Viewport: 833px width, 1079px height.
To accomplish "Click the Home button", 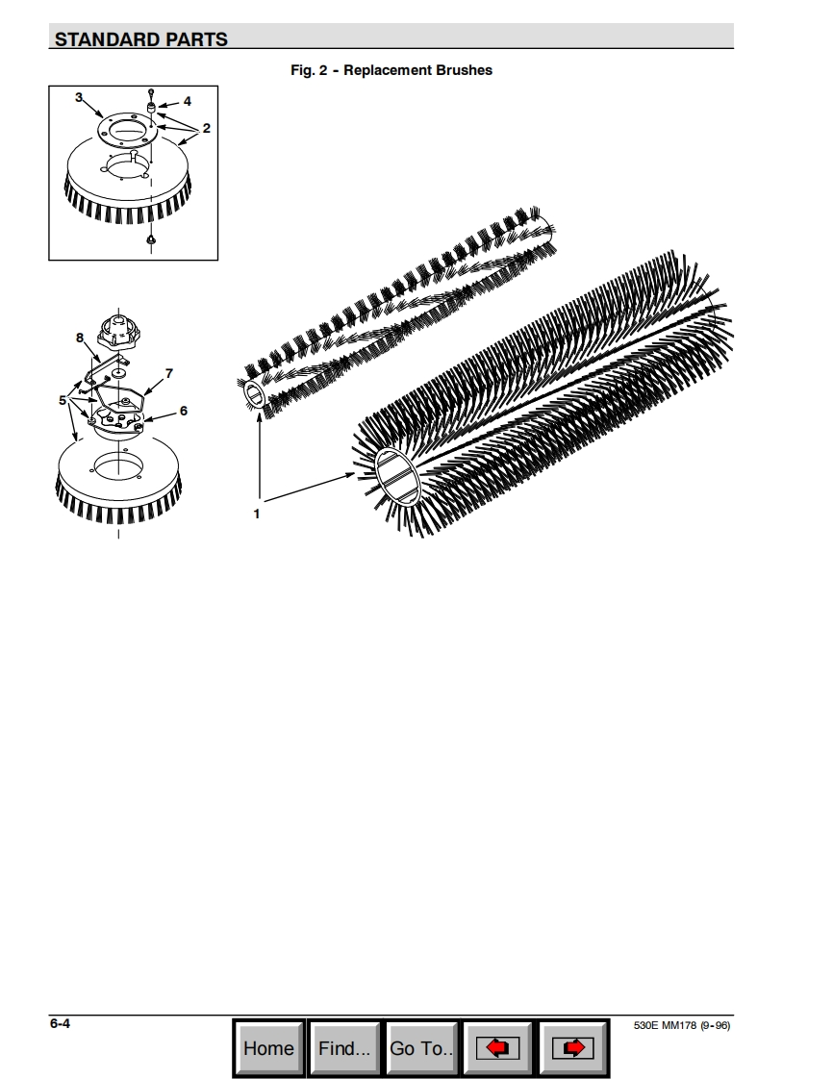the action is pos(268,1047).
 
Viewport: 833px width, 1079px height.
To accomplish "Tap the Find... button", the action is pos(344,1047).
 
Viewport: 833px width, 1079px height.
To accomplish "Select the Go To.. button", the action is pos(420,1047).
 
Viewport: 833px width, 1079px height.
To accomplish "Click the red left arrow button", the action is pos(497,1047).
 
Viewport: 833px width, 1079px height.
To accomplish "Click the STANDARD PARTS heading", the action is pos(141,39).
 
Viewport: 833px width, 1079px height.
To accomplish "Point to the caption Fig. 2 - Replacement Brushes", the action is pos(391,70).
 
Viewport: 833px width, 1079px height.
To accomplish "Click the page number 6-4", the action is pos(60,1023).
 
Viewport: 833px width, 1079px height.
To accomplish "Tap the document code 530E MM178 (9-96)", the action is pos(682,1025).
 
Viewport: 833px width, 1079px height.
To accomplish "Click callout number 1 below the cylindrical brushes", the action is pos(257,514).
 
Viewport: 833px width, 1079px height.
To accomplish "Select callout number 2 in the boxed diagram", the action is pos(206,128).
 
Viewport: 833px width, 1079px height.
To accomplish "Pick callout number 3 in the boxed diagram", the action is pos(79,98).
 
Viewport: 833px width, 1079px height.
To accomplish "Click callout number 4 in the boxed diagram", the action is pos(188,101).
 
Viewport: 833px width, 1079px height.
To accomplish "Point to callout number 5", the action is pos(63,400).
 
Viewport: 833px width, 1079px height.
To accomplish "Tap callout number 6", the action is pos(183,411).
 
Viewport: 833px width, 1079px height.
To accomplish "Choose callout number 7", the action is pos(169,374).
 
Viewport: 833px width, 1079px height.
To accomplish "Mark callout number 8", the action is pos(80,338).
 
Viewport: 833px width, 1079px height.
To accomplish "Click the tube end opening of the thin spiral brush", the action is pos(254,395).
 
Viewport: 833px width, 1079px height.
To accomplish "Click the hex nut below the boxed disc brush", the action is pos(151,239).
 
